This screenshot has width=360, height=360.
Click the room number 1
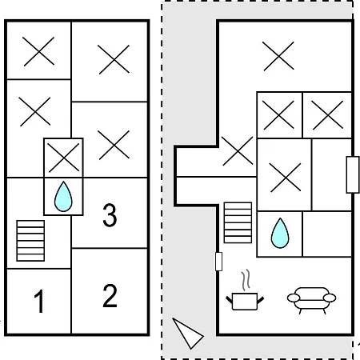click(x=39, y=301)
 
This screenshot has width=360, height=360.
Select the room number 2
click(x=110, y=296)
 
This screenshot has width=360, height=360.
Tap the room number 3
click(x=110, y=215)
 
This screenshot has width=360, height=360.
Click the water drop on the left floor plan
click(x=63, y=197)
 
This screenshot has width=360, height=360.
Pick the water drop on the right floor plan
click(x=280, y=233)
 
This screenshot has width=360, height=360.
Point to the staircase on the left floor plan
click(x=30, y=241)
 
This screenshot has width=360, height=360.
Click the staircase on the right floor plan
click(x=238, y=222)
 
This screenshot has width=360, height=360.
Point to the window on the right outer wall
click(x=353, y=174)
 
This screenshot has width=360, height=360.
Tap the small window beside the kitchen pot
click(x=218, y=262)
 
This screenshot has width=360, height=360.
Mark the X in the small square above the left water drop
click(x=64, y=158)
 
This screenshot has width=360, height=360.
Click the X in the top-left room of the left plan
click(x=39, y=51)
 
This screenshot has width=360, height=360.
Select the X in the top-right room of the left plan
click(x=114, y=59)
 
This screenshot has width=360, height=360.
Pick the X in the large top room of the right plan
click(x=278, y=56)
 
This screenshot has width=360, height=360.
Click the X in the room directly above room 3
click(x=114, y=145)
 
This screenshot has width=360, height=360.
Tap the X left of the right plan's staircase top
click(x=238, y=151)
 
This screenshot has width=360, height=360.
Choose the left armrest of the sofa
click(x=294, y=298)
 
